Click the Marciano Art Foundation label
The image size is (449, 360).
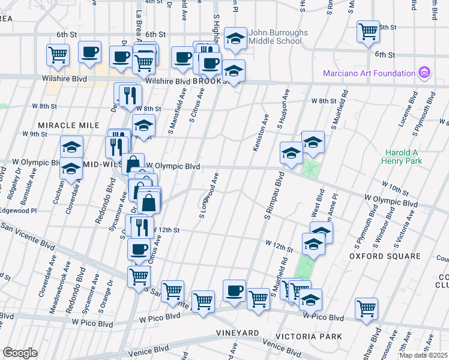[369, 73]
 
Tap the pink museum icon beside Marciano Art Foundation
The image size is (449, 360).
[425, 73]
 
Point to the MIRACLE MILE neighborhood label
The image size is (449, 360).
[68, 125]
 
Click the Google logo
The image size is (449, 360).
[20, 353]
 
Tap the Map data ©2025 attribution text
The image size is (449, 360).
[423, 355]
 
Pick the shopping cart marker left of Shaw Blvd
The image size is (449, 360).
[366, 308]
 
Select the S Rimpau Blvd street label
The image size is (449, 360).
[272, 196]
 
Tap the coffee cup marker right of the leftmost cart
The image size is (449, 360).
[89, 53]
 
